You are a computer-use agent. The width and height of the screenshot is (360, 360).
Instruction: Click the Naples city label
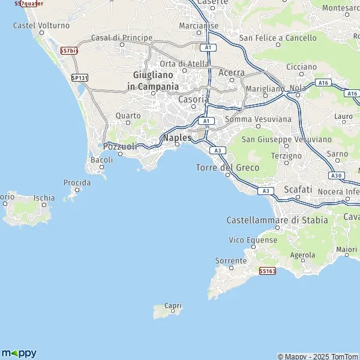[177, 137]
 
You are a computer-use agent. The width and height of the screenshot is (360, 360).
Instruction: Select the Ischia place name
[44, 197]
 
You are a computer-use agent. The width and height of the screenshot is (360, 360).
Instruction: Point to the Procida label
[76, 182]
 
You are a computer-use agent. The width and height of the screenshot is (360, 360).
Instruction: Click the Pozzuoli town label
[121, 146]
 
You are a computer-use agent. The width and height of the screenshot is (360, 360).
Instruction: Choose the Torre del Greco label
[227, 167]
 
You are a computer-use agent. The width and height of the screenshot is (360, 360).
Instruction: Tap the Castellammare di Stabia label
[277, 220]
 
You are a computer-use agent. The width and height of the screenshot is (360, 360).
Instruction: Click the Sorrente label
[231, 261]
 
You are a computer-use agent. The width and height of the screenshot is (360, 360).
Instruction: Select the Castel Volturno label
[41, 26]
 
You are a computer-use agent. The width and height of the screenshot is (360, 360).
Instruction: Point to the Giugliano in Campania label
[153, 80]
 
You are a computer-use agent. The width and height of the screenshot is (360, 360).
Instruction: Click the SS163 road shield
[268, 271]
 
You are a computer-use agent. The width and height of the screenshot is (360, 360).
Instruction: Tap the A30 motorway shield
[337, 175]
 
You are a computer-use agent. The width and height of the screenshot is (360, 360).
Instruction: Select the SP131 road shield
[79, 78]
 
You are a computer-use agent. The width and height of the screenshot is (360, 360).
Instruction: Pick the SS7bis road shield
[70, 51]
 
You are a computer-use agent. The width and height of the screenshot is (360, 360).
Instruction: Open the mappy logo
[19, 352]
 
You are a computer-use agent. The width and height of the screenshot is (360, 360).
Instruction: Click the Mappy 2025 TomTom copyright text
[318, 356]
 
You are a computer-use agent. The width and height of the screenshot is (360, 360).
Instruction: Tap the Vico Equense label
[253, 240]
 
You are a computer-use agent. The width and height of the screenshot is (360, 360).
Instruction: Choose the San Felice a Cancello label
[278, 38]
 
